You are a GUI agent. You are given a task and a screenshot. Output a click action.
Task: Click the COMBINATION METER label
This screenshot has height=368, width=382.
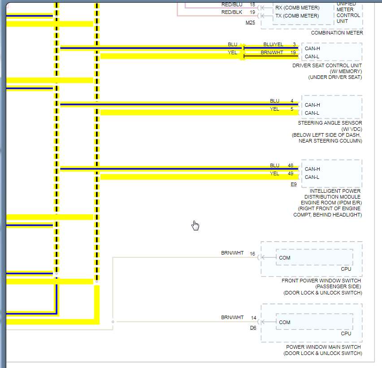click(337, 33)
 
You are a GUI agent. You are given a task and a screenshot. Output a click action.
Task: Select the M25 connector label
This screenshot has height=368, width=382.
click(250, 22)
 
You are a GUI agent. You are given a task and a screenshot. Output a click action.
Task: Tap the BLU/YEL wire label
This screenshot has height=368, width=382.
click(273, 44)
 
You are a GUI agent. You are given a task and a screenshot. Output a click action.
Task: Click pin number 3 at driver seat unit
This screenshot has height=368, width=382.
click(294, 44)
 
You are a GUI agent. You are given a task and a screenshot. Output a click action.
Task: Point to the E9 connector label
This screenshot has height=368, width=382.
click(294, 184)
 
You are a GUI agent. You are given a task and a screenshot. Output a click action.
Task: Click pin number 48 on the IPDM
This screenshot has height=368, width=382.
click(291, 166)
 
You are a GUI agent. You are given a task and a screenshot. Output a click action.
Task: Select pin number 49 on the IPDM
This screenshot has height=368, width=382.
click(291, 174)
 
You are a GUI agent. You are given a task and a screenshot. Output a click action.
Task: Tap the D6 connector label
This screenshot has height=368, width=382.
click(253, 328)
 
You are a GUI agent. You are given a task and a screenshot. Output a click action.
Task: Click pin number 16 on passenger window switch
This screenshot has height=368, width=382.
click(252, 254)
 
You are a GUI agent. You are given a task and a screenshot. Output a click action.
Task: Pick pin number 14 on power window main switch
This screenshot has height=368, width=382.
click(254, 318)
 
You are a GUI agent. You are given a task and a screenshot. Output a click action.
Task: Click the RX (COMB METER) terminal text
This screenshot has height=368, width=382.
click(297, 8)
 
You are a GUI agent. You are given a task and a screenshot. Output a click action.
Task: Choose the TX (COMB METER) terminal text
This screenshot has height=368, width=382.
click(297, 16)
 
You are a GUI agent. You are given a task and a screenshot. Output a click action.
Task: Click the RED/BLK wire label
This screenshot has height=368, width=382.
click(232, 13)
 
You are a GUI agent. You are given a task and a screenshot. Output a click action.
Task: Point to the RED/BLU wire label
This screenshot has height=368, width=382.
click(232, 4)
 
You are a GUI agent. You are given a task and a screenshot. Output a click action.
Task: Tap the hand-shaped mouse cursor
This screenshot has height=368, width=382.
click(195, 225)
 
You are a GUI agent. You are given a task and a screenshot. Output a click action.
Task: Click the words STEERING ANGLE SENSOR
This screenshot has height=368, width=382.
click(330, 123)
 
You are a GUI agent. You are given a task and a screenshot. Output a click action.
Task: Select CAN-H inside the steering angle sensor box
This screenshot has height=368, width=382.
click(312, 105)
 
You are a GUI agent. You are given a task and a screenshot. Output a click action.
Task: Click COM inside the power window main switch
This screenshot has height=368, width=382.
click(285, 322)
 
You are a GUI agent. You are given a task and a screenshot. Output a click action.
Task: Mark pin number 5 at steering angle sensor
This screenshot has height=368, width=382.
click(292, 109)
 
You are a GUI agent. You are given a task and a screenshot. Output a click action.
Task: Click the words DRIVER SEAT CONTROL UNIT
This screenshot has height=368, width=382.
click(327, 65)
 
